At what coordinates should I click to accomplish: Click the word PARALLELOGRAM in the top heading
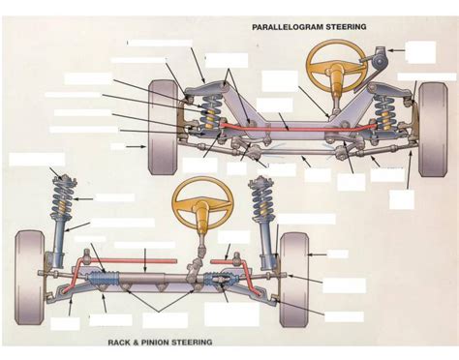click(x=287, y=27)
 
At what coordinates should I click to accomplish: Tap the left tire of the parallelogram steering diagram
click(x=163, y=140)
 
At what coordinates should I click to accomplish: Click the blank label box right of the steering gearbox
click(x=420, y=51)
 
